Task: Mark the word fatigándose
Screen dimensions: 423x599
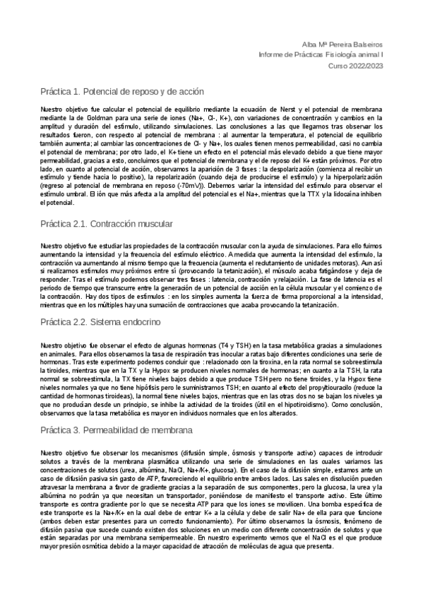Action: point(312,271)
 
